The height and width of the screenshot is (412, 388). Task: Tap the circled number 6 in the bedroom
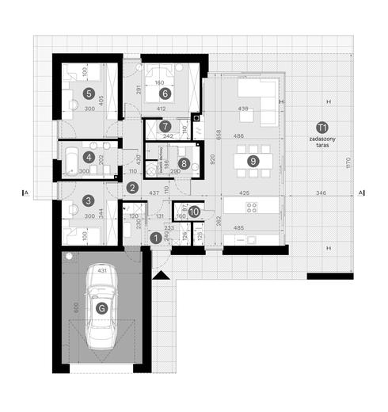165,93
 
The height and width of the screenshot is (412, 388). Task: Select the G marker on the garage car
101,308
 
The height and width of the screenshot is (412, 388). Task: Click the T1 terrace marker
321,127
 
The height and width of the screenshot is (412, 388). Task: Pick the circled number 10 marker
194,212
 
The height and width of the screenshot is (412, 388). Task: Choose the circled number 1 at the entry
155,237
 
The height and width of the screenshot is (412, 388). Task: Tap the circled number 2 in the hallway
132,188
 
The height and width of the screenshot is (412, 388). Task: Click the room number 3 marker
89,201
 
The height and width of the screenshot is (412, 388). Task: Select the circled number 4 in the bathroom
89,157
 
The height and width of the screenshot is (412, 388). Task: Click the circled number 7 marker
165,126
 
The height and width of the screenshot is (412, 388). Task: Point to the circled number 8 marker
184,164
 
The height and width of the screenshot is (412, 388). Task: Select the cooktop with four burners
252,208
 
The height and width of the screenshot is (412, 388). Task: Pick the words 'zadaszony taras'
321,140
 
